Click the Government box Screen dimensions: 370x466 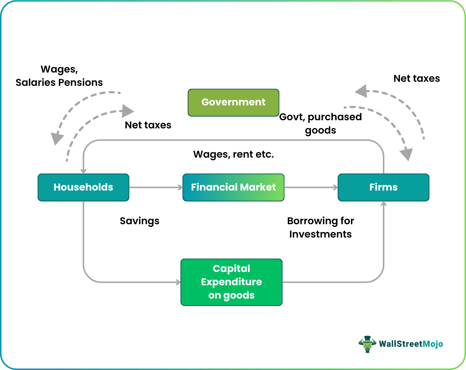233,102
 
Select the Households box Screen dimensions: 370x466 83,187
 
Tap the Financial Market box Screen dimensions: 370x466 233,187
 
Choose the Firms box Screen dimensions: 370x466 384,187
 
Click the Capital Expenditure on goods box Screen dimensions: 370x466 232,282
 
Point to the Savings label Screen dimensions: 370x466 139,221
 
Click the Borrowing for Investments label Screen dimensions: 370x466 320,227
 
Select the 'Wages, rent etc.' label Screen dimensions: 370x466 233,154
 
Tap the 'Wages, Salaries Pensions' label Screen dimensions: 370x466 59,76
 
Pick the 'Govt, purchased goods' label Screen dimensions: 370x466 320,123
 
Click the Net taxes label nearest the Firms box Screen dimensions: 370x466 416,78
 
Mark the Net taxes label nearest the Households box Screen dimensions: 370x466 148,125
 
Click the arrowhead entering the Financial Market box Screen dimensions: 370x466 180,188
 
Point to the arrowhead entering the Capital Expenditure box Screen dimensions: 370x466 178,282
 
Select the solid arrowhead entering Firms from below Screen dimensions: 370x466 384,204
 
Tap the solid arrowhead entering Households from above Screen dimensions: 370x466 84,171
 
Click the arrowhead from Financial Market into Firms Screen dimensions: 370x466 335,188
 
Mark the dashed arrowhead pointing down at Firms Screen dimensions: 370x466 407,154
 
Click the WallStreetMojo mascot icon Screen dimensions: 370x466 367,344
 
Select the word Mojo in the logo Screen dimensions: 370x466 432,344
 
